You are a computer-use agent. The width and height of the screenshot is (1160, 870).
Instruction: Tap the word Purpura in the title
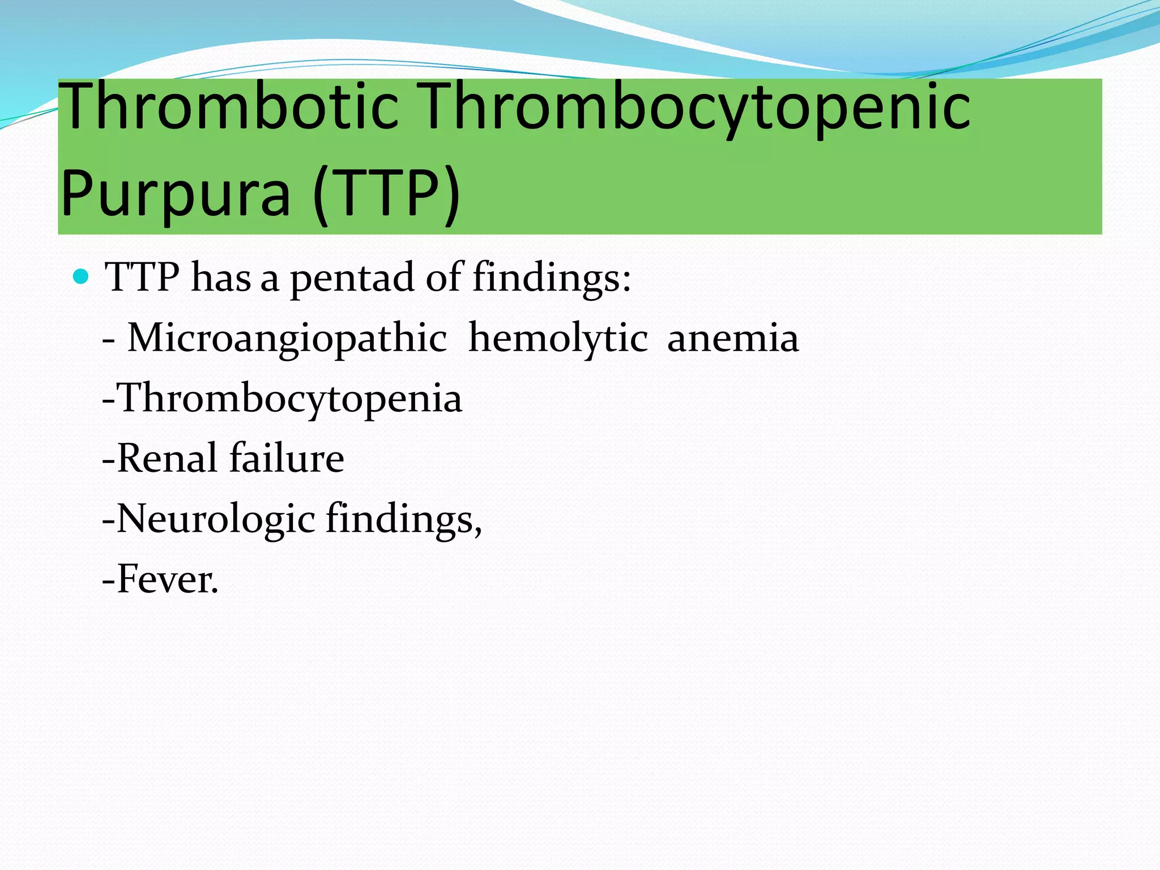(175, 194)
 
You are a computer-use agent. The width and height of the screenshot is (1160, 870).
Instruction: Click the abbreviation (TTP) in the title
(386, 194)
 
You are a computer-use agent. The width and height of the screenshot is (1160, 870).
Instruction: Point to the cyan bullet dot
(82, 277)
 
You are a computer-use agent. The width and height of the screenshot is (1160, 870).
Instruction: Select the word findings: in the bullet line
(552, 279)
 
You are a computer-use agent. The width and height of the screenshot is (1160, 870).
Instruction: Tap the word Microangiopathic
(287, 339)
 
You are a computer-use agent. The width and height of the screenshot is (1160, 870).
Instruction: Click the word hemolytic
(558, 339)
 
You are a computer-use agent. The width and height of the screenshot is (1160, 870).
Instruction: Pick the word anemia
(733, 339)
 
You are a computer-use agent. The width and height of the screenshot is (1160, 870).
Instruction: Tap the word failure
(287, 458)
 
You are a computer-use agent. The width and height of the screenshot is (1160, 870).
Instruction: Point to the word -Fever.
(160, 579)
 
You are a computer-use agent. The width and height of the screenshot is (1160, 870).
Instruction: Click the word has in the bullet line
(221, 278)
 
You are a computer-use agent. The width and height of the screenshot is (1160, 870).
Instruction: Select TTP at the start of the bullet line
(143, 278)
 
